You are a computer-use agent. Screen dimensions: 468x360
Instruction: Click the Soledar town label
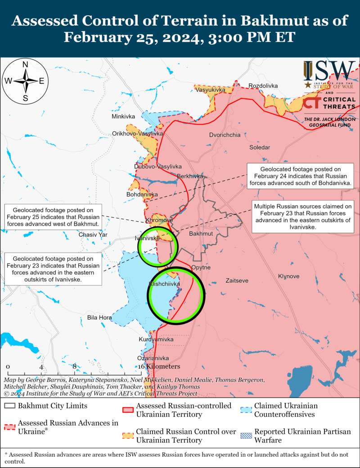pos(260,147)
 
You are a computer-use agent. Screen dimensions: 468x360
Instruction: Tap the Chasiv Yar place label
pos(93,235)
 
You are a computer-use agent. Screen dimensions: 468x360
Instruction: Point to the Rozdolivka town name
pos(263,85)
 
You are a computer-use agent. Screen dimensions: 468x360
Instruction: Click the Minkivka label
pos(123,117)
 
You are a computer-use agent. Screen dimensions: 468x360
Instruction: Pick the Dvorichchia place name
pos(225,135)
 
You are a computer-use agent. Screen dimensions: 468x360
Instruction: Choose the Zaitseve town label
pos(237,281)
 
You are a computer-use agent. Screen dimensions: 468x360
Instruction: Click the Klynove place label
pos(288,276)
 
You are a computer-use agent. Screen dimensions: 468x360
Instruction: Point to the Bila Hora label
pos(99,318)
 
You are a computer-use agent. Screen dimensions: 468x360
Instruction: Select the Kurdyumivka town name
pos(156,339)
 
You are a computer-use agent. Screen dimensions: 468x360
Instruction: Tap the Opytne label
pos(201,267)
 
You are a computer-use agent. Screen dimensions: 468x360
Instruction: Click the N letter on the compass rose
pos(26,64)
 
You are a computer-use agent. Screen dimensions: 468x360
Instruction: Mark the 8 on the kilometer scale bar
pos(74,366)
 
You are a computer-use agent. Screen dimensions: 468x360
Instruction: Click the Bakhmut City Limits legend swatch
pos(9,406)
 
